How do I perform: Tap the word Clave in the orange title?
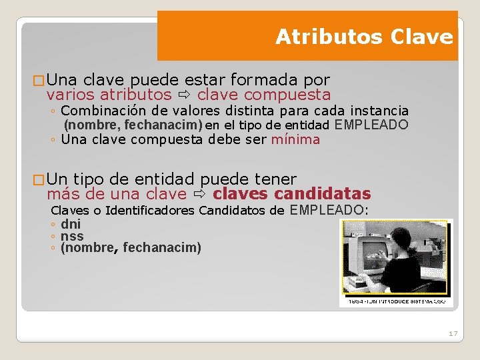(424, 37)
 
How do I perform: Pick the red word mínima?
(295, 139)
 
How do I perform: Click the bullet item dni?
(70, 224)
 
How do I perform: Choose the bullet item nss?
(72, 236)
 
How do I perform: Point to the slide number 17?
(453, 333)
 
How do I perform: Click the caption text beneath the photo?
(396, 302)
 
